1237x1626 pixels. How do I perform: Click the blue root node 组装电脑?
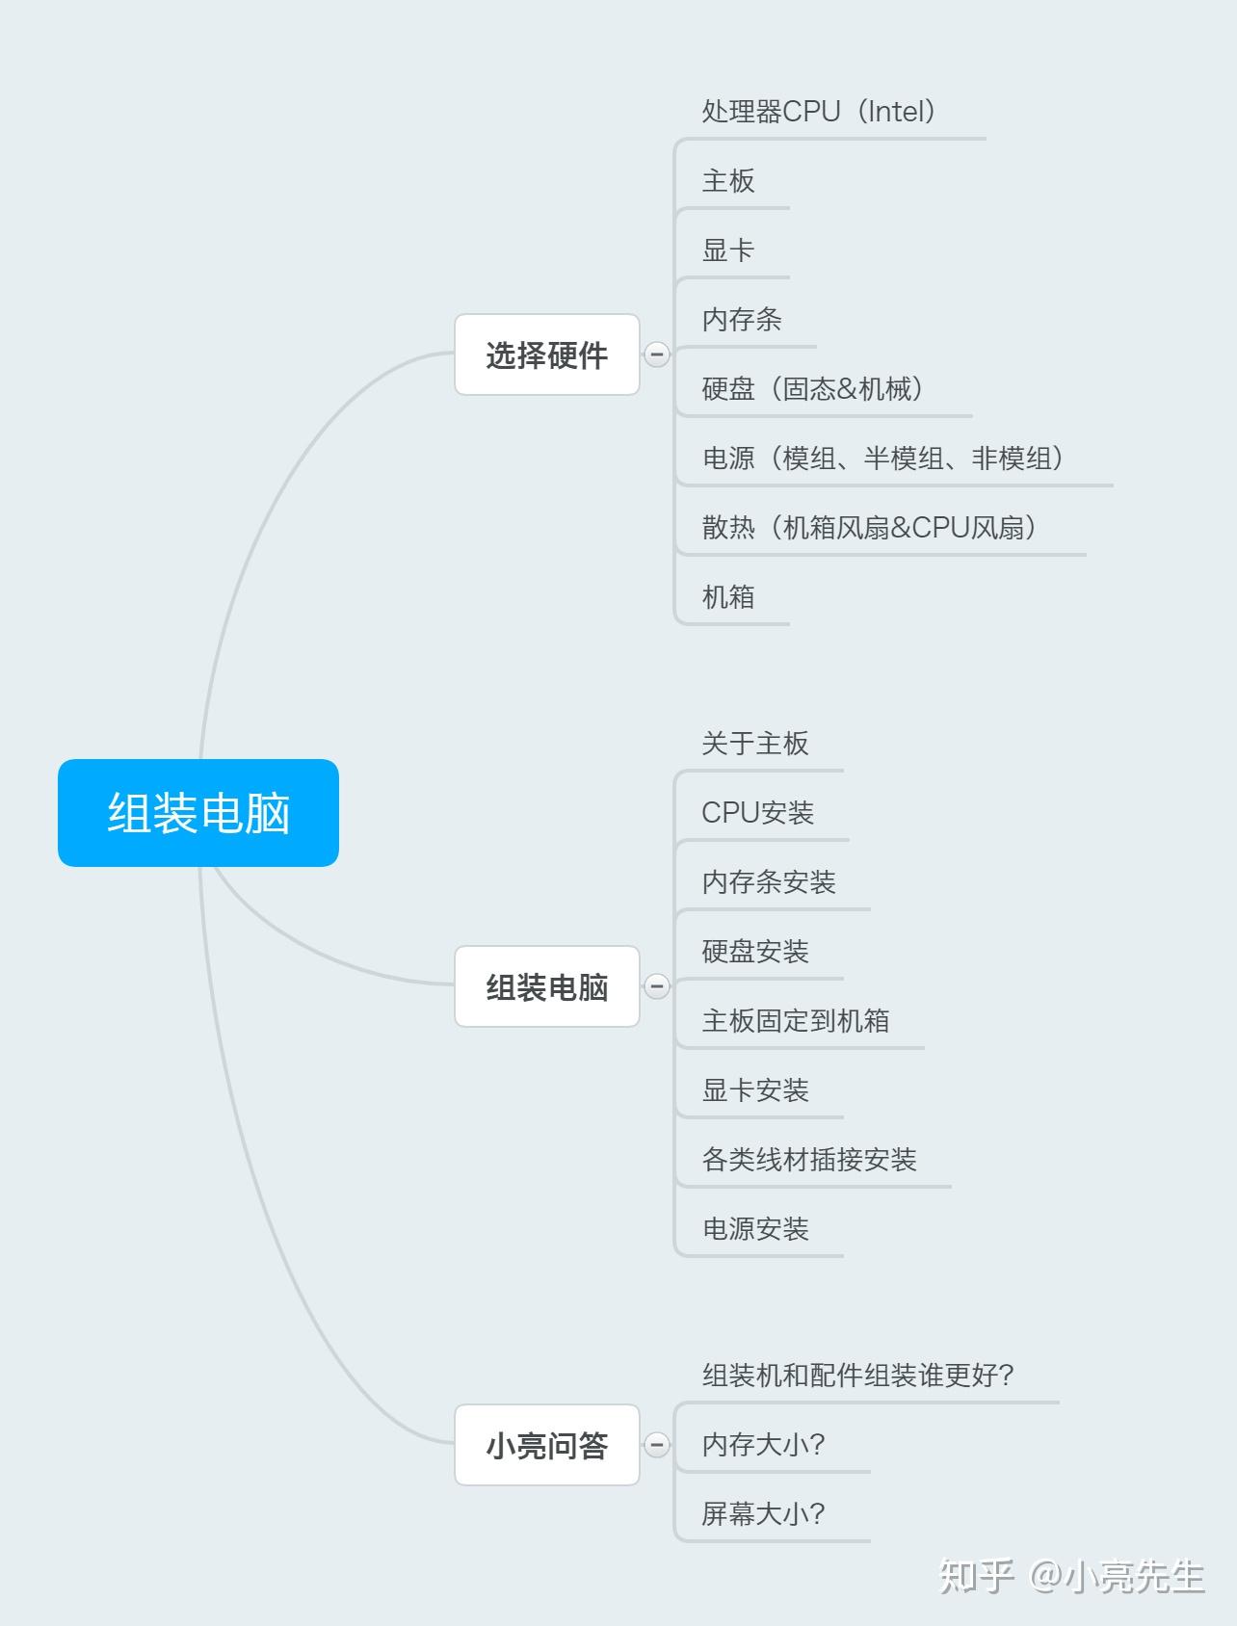pyautogui.click(x=198, y=813)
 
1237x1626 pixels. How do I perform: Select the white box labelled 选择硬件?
pyautogui.click(x=546, y=354)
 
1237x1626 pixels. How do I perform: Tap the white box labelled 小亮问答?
pyautogui.click(x=546, y=1445)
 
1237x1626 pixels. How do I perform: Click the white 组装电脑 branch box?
pyautogui.click(x=546, y=986)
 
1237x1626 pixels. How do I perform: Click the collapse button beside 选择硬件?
pyautogui.click(x=657, y=354)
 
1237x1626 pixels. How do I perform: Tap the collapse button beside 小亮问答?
pyautogui.click(x=657, y=1445)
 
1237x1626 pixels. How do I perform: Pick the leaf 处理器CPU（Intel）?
pyautogui.click(x=819, y=112)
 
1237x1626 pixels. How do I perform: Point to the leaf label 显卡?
pyautogui.click(x=728, y=250)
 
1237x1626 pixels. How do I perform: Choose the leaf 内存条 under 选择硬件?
pyautogui.click(x=742, y=320)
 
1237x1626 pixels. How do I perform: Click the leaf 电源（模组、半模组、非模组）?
pyautogui.click(x=882, y=459)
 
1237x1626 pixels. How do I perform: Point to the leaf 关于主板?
pyautogui.click(x=755, y=744)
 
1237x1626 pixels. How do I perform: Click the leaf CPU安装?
pyautogui.click(x=758, y=813)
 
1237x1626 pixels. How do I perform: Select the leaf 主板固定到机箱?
pyautogui.click(x=796, y=1021)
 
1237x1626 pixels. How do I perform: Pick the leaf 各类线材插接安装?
pyautogui.click(x=809, y=1160)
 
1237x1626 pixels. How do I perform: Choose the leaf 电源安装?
pyautogui.click(x=755, y=1229)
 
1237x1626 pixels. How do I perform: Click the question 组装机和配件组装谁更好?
pyautogui.click(x=857, y=1376)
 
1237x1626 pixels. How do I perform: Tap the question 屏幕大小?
pyautogui.click(x=763, y=1514)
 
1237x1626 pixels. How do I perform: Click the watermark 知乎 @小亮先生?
pyautogui.click(x=1071, y=1576)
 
